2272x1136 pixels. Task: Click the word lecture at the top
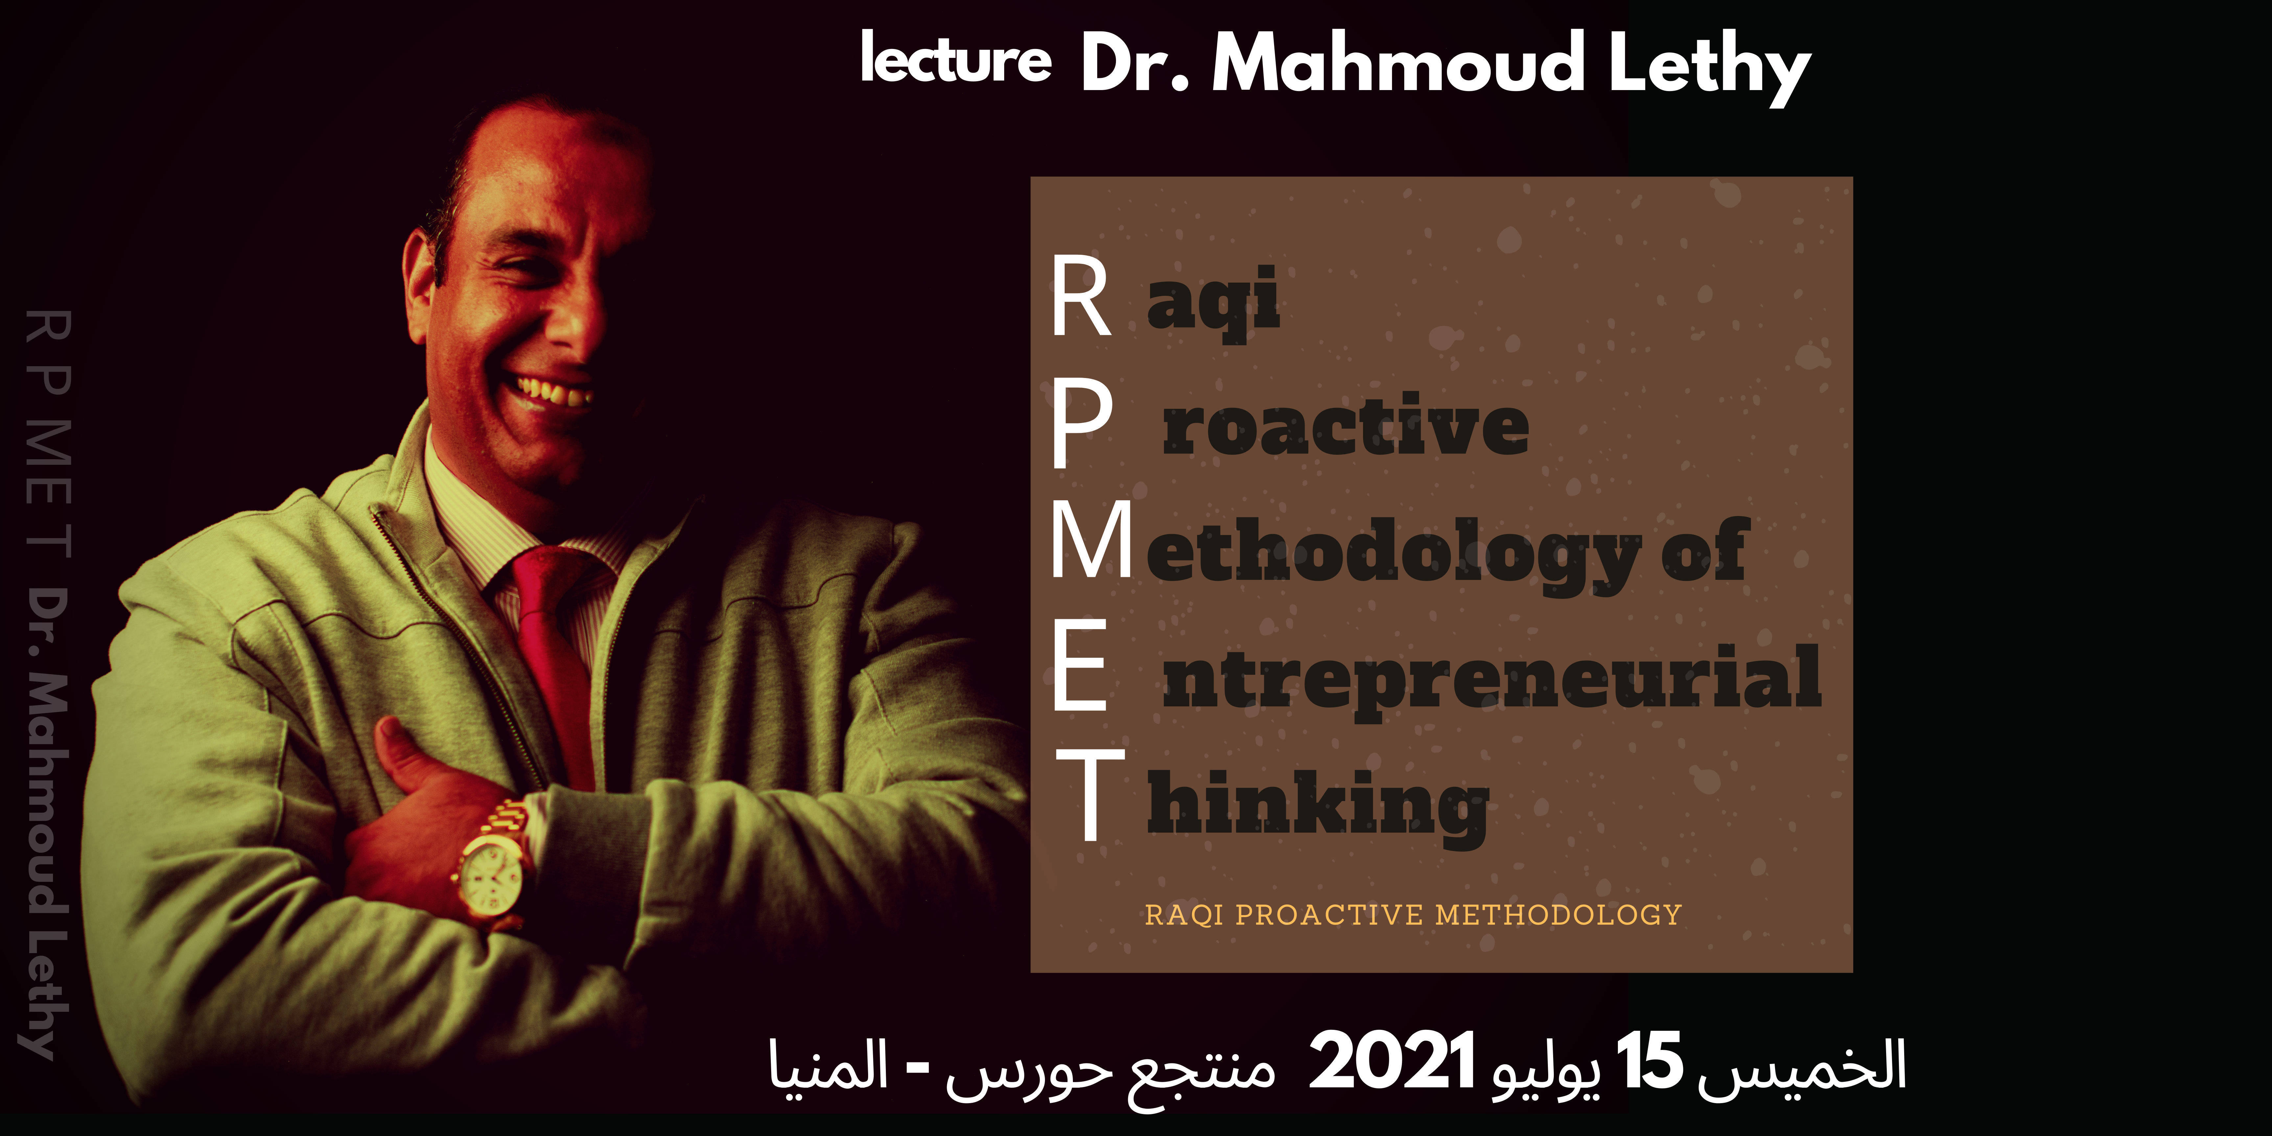coord(956,58)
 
